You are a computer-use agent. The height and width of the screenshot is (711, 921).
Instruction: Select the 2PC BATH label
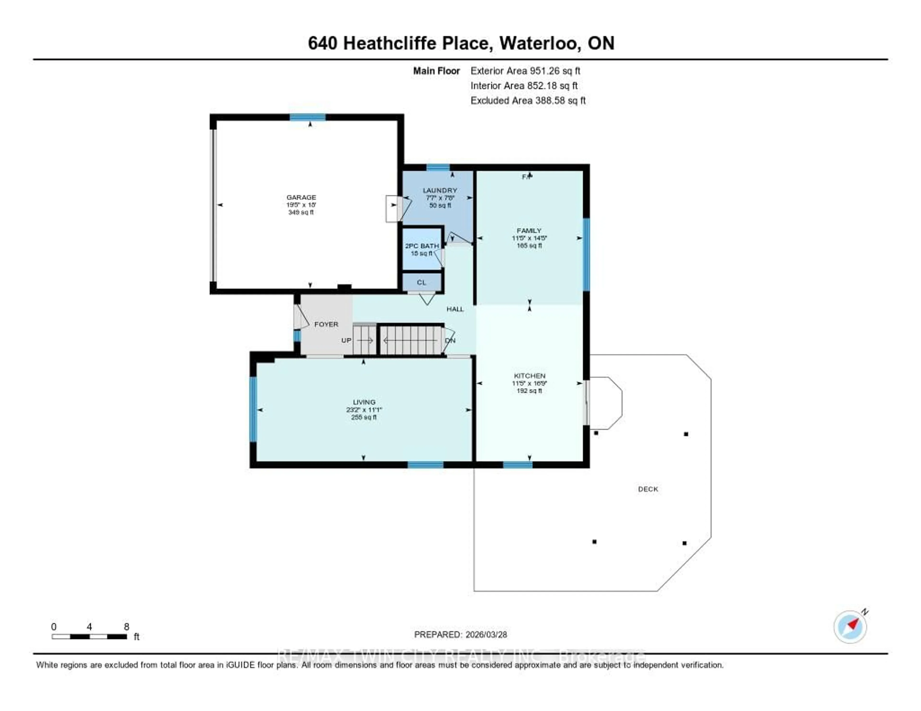point(422,246)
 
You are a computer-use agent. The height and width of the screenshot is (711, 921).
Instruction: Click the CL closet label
point(421,282)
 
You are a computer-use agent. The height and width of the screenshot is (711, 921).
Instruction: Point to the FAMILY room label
point(529,231)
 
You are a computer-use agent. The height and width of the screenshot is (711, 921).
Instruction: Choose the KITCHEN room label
point(529,376)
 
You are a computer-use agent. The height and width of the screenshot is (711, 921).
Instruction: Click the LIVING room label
point(364,402)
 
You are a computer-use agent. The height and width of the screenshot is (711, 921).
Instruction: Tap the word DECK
point(648,489)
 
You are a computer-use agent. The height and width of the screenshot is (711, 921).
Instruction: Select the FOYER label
point(326,324)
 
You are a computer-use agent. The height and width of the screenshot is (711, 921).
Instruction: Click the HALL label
point(455,309)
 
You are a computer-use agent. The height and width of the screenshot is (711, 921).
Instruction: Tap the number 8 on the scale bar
point(126,627)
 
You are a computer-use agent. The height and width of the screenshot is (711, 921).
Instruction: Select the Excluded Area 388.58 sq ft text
point(528,100)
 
